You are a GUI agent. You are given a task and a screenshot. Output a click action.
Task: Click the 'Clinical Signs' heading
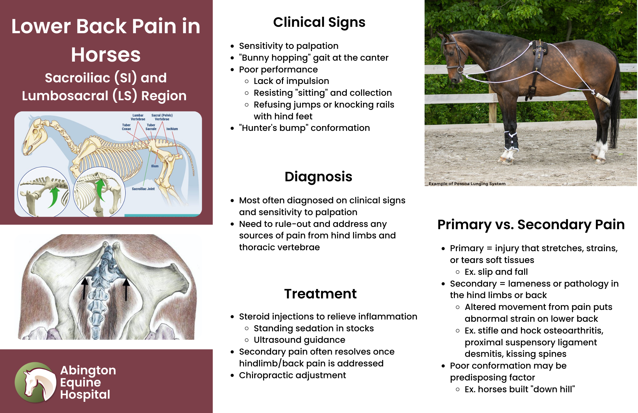(319, 22)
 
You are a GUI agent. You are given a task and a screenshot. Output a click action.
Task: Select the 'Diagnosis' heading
(318, 177)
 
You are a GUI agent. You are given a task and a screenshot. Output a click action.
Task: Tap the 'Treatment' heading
(320, 294)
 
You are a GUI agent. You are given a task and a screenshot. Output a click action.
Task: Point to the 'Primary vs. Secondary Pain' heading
(531, 225)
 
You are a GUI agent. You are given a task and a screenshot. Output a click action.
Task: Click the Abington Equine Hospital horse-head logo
(35, 382)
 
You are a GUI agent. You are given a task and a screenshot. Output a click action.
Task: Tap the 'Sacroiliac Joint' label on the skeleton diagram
(143, 189)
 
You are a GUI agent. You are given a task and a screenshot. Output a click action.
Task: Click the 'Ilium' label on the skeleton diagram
(155, 166)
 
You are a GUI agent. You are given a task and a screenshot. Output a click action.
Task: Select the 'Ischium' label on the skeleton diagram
(172, 129)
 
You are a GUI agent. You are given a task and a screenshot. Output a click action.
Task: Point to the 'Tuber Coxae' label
(126, 127)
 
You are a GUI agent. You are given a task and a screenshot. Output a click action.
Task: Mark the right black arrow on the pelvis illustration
(126, 290)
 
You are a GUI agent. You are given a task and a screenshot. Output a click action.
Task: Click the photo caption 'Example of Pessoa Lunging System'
(467, 184)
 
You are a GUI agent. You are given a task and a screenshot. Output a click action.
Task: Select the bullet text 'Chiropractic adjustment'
(293, 375)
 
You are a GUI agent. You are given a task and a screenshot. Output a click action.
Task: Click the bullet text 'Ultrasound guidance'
(300, 340)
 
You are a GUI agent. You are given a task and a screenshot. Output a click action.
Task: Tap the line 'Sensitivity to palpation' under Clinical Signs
(289, 46)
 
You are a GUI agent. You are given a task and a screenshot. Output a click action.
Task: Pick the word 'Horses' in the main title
(106, 55)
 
